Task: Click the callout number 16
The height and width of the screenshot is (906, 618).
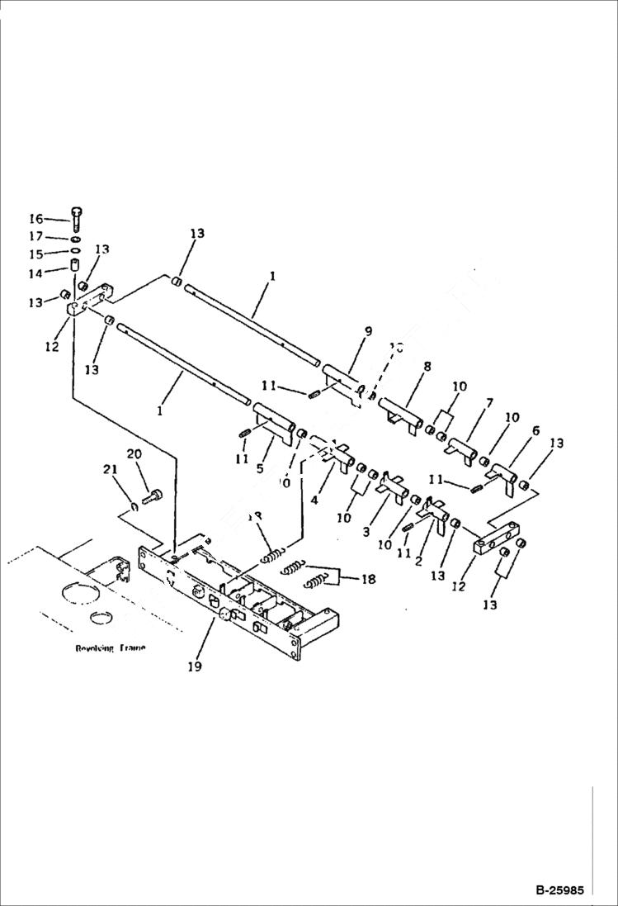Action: click(36, 219)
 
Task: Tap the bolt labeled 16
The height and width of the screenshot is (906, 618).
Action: click(77, 218)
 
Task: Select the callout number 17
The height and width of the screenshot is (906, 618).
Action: click(36, 237)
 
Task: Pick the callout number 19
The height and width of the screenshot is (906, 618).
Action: click(195, 665)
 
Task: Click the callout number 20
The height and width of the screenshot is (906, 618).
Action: click(134, 454)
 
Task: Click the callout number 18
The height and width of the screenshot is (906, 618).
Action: click(367, 579)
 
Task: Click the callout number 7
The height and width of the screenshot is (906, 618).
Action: click(489, 402)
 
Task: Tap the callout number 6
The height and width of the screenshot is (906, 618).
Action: click(535, 430)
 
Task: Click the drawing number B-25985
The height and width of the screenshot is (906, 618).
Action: click(559, 891)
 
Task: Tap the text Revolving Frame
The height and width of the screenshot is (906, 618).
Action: click(110, 648)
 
